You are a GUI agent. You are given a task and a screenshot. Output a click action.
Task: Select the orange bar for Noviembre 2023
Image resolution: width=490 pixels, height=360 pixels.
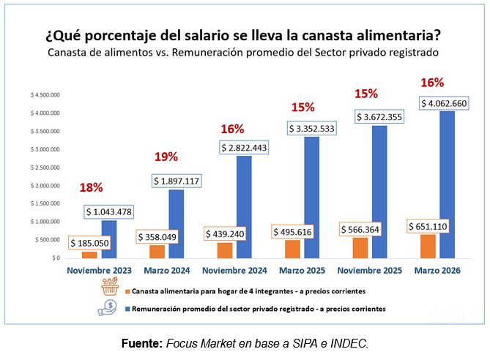click(x=89, y=255)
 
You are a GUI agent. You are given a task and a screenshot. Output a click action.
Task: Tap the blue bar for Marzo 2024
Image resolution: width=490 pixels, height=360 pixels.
click(x=175, y=224)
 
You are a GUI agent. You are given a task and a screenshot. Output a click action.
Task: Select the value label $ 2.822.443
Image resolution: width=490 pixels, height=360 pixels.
click(x=247, y=148)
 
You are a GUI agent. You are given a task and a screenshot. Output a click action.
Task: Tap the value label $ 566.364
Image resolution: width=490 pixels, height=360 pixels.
click(x=366, y=229)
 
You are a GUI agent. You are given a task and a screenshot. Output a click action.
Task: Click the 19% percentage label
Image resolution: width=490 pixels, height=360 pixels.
click(x=166, y=157)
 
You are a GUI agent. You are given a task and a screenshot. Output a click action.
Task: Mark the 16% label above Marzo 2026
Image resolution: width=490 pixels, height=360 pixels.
click(x=433, y=82)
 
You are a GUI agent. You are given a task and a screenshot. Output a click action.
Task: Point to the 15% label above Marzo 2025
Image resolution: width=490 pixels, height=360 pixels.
click(x=302, y=107)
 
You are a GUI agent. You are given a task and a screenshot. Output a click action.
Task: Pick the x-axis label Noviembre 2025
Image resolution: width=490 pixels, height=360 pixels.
click(x=370, y=271)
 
